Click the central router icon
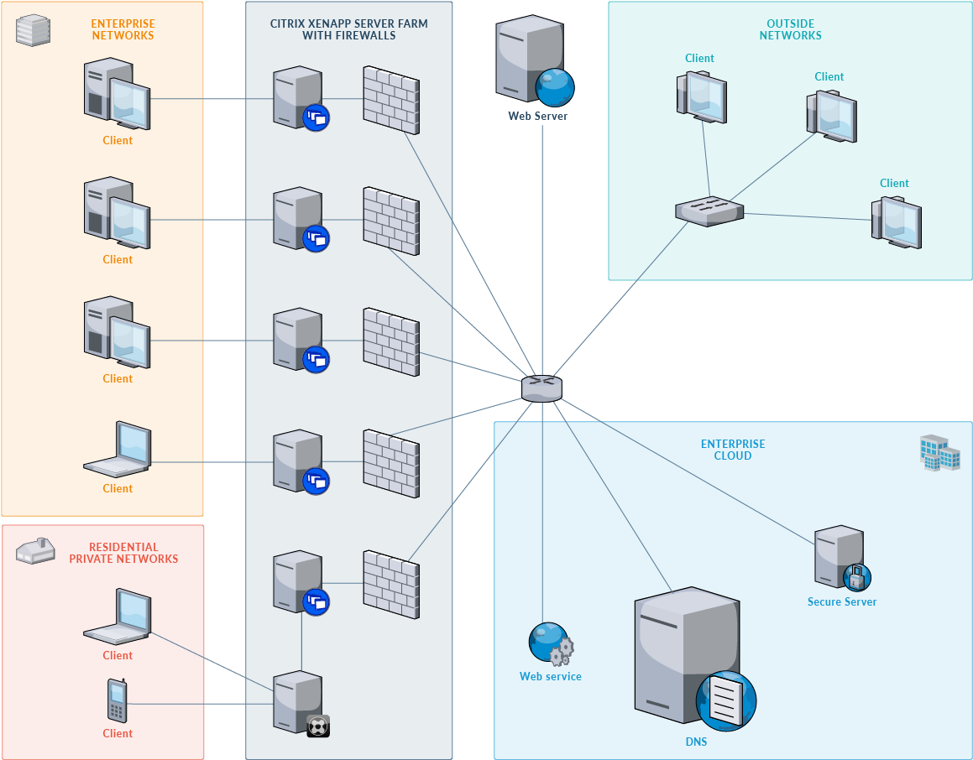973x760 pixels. coord(541,388)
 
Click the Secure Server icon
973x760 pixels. coord(840,557)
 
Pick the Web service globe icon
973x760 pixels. coord(550,643)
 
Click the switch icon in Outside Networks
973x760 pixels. coord(709,211)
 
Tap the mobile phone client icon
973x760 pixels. coord(117,700)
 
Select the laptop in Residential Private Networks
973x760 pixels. coord(118,617)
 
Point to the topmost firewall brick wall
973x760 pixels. coord(390,100)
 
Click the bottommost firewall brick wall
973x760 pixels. coord(390,580)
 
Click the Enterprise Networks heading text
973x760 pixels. coord(123,30)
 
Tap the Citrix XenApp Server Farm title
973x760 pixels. coord(348,30)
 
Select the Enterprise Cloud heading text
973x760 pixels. coord(733,450)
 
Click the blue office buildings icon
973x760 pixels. coord(939,452)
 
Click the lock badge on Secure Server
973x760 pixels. coord(857,577)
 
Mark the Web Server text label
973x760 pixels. coord(537,116)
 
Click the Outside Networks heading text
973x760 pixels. coord(790,30)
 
